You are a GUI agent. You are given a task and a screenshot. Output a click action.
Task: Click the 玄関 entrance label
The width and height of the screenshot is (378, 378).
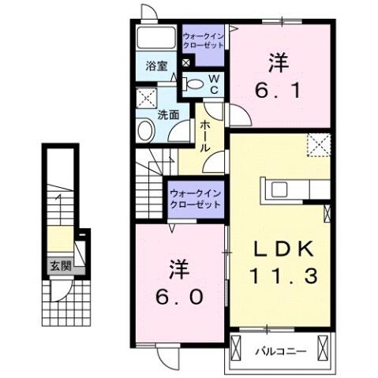coord(58,265)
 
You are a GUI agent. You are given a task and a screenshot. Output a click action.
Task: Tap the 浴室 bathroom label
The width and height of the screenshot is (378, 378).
coord(156,66)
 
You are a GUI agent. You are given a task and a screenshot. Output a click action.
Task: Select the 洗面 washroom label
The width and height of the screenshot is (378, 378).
coord(168,114)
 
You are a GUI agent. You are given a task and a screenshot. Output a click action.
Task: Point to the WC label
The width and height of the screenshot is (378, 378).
coord(213,82)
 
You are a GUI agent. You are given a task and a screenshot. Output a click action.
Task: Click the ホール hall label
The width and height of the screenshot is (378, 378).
coord(204,136)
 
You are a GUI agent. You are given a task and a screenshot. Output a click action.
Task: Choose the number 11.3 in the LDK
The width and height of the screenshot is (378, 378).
coord(286,275)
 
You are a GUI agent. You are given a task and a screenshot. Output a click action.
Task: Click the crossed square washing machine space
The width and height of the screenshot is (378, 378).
coord(146,99)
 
